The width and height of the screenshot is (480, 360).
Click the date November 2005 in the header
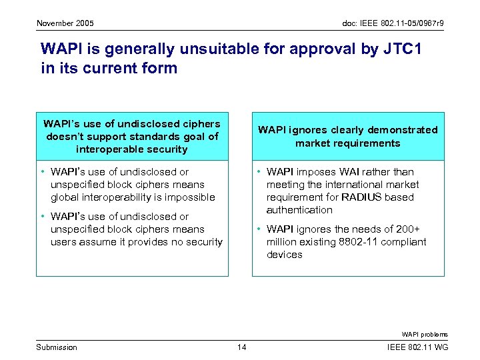[x=65, y=23]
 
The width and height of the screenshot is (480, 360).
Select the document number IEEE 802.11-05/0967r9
[x=393, y=23]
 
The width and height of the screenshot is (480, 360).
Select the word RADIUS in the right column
[x=361, y=197]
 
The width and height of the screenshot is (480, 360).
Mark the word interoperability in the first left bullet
[x=116, y=197]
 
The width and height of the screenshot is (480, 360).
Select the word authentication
[x=299, y=210]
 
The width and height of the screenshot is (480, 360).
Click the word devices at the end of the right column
[x=285, y=255]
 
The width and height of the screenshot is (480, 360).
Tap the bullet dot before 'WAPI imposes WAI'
[x=257, y=172]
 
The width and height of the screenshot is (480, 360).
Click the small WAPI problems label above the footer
[x=425, y=334]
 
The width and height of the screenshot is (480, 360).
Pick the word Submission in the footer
[x=57, y=347]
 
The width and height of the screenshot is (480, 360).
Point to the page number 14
[x=241, y=347]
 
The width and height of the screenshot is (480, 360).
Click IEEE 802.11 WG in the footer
[x=418, y=347]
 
